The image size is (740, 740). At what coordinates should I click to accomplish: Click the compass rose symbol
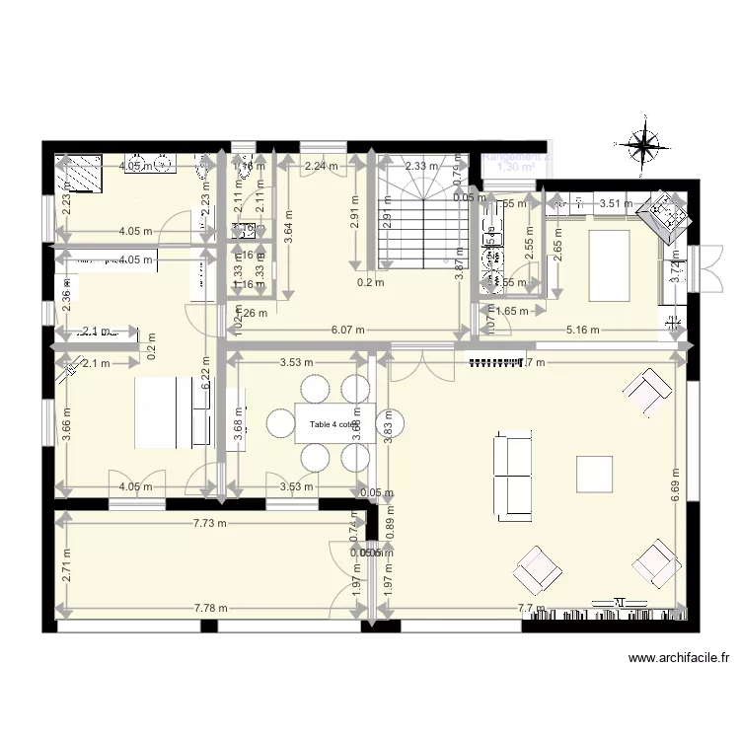[x=643, y=146]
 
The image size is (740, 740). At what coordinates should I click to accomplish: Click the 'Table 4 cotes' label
[x=335, y=425]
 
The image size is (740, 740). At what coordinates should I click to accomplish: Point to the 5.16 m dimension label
[x=582, y=331]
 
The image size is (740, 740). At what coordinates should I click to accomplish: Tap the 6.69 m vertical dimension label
[x=677, y=485]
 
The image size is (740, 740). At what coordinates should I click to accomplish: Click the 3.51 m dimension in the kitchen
[x=617, y=204]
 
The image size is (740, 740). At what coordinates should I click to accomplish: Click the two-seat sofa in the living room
[x=513, y=475]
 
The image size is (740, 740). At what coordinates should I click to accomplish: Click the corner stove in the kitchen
[x=664, y=214]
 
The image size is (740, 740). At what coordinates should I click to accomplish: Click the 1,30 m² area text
[x=515, y=168]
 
